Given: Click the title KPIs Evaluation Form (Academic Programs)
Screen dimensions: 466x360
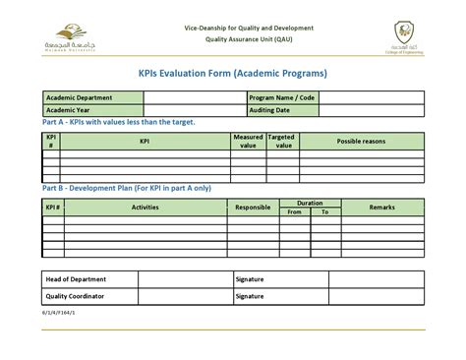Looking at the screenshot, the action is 233,73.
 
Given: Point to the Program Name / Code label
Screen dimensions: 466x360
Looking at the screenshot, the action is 281,98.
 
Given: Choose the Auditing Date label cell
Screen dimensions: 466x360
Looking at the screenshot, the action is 281,110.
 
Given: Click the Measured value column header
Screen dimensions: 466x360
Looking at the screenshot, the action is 248,141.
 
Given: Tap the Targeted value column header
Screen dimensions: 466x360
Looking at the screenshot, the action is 283,141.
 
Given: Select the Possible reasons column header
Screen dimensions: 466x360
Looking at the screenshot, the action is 362,142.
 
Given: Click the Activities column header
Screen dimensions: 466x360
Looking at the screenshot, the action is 146,208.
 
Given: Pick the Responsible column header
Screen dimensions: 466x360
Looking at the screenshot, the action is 253,208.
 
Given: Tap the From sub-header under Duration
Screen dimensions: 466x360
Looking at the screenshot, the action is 294,211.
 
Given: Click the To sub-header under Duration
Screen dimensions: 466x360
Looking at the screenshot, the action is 325,211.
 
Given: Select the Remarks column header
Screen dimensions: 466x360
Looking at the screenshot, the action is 382,208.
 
